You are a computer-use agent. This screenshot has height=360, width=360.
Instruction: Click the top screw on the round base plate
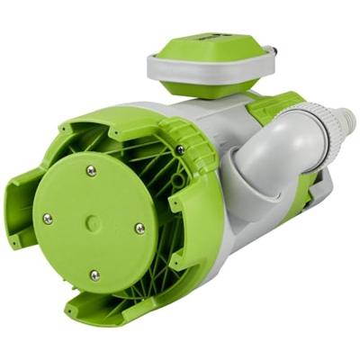pos(91,170)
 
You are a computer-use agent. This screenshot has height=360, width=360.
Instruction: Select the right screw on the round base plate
pos(139,229)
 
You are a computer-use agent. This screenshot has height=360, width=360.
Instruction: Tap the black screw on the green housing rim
pos(180,148)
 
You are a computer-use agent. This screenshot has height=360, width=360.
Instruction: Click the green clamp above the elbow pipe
pos(270,108)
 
